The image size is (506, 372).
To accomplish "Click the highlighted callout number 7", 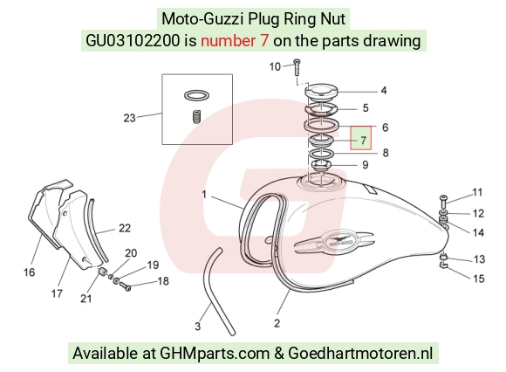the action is point(364,141).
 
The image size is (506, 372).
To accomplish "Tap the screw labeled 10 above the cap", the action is point(297,67).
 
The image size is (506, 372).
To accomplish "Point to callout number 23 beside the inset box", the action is point(129,118).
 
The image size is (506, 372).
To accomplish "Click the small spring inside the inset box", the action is point(197,116).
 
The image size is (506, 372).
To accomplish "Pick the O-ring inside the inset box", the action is point(196,95).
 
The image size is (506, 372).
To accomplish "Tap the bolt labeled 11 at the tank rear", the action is point(443,203).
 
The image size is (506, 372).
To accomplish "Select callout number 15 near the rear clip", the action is point(479,279).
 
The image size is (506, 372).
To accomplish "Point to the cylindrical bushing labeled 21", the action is point(103,272).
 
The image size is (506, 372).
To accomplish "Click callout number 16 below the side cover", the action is point(29,272).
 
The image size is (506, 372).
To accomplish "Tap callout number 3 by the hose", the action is point(197,326).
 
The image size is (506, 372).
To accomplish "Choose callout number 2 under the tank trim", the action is point(277,323).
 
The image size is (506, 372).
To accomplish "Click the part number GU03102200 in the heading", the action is point(133,41).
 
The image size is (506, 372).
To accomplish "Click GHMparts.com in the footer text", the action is point(215,354).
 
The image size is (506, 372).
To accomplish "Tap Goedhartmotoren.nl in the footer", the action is point(360,353).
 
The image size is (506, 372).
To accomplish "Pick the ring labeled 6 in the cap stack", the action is point(321,125).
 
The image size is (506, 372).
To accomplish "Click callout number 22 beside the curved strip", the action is point(125,228).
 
